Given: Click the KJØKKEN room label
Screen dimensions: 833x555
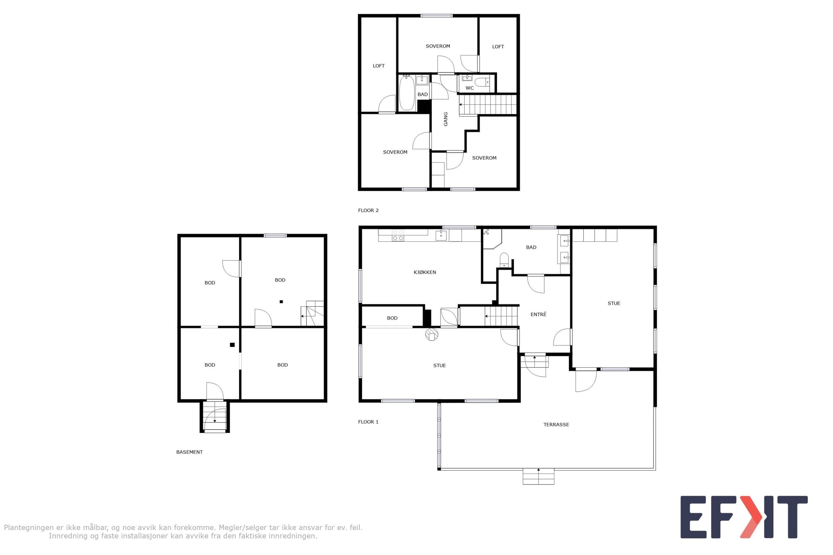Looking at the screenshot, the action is point(424,272).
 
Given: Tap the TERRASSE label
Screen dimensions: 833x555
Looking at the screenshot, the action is point(556,424).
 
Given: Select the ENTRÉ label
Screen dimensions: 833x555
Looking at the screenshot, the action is point(538,314).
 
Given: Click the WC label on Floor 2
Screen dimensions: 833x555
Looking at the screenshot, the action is point(470,88).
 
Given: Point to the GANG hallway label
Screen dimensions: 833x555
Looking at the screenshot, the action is point(446,119).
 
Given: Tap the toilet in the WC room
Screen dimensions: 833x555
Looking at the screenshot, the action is point(482,83).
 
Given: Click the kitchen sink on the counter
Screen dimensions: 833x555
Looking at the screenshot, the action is point(441,235).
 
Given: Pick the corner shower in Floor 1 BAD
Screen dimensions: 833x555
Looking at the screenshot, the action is point(493,239).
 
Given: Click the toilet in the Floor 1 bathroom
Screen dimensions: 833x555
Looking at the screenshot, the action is point(504,260).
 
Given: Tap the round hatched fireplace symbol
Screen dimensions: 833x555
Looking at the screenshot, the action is point(432,334).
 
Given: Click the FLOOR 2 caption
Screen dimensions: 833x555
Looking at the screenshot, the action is point(368,210).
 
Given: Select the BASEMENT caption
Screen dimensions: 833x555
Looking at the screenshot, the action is point(190,452).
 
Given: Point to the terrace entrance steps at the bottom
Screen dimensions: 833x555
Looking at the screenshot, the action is point(538,476).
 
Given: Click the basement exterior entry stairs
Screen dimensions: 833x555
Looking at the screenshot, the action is point(214,416).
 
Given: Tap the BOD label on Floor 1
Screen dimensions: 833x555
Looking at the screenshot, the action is point(392,318).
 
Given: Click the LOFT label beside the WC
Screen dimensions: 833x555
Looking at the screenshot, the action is point(498,47).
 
